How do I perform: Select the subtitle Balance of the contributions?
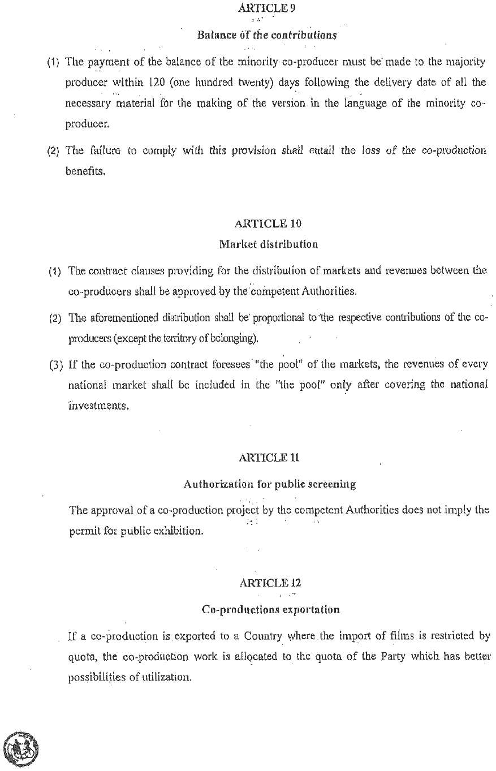tap(267, 35)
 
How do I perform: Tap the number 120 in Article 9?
tap(157, 83)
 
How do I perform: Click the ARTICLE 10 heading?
tap(268, 223)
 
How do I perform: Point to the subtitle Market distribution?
tap(268, 244)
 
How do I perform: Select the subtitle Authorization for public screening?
tap(269, 484)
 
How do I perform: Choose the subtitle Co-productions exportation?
tap(270, 610)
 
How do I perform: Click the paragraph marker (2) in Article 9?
tap(54, 151)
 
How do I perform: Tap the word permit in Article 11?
tap(82, 532)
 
